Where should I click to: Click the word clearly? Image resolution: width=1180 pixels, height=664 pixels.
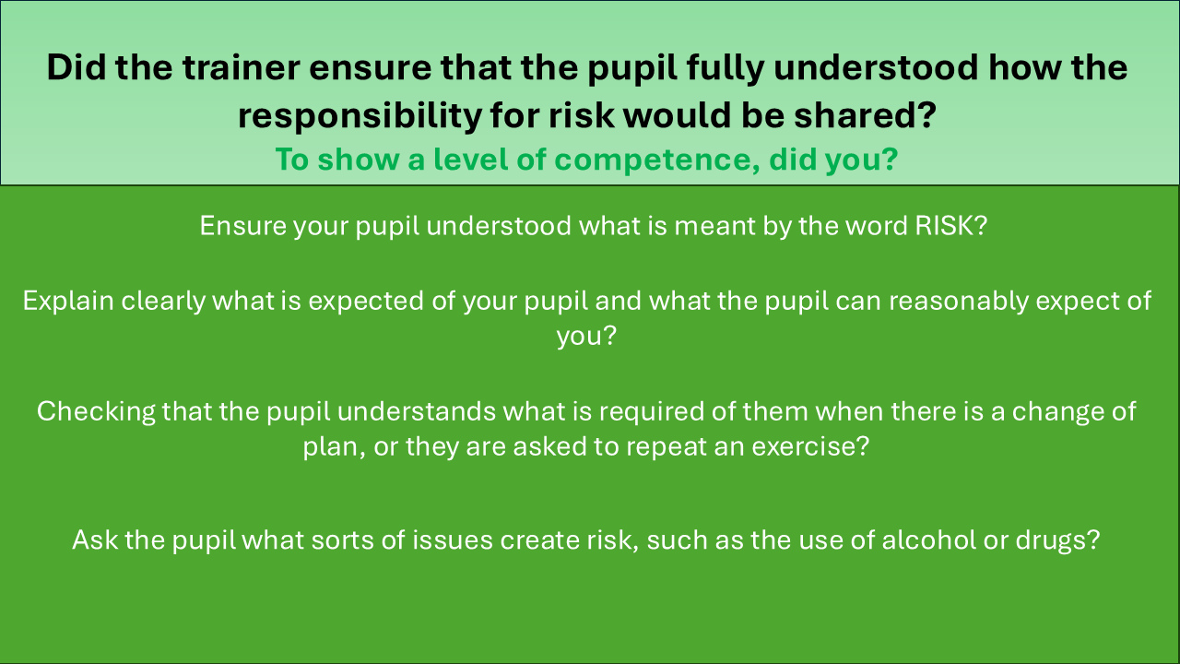pos(163,302)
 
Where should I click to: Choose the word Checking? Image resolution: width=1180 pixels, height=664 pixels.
pos(96,412)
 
